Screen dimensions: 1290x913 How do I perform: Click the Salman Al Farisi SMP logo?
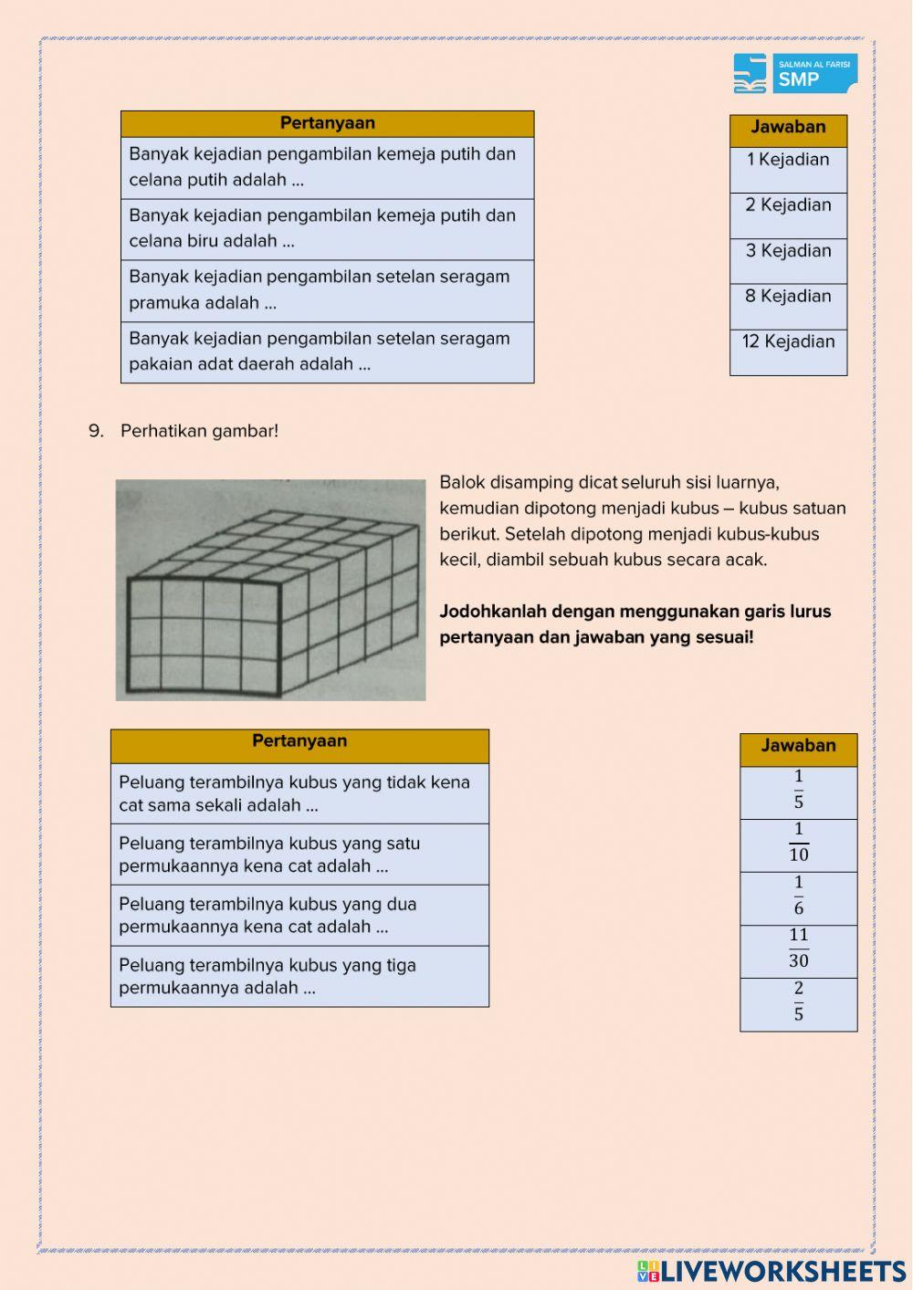pos(794,73)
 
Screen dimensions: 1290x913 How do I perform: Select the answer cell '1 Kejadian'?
pos(788,169)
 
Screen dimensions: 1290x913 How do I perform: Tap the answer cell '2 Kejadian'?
pos(788,215)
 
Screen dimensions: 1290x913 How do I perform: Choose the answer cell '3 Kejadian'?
pos(788,260)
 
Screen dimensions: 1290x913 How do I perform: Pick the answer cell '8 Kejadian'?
pos(788,306)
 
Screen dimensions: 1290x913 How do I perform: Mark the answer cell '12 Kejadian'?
pos(788,351)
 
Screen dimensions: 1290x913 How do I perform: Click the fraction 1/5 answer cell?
pos(798,792)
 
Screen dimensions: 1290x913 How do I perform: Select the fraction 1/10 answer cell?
pos(798,844)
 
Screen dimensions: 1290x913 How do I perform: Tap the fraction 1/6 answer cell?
pos(798,897)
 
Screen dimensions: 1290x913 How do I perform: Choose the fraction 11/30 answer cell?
pos(798,950)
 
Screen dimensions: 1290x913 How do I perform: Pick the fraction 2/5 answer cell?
pos(798,1003)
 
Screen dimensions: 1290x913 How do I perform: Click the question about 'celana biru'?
pos(327,229)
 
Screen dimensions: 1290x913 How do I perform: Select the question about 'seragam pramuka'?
pos(327,290)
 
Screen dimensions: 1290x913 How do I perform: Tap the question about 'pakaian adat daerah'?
pos(327,351)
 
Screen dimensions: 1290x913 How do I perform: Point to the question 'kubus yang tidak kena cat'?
pos(299,793)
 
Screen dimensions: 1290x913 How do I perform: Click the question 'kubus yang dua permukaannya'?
pos(299,915)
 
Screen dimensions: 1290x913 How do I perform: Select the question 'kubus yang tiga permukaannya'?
pos(299,976)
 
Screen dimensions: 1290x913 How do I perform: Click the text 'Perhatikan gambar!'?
pos(199,431)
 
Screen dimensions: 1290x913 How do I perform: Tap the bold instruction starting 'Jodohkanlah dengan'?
pos(635,624)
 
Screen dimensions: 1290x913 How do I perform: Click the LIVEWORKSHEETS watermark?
pos(771,1271)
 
